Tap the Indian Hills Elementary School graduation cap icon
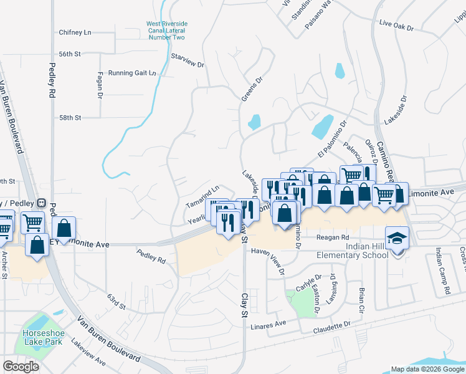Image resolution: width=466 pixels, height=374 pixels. click(x=395, y=238)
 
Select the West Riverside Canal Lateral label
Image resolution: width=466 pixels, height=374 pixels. click(x=166, y=31)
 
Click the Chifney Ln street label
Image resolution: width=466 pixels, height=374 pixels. click(x=75, y=32)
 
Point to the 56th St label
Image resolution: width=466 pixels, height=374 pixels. click(x=70, y=54)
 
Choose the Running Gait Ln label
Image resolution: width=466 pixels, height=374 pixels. click(x=132, y=73)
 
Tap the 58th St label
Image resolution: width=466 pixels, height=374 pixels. click(x=70, y=117)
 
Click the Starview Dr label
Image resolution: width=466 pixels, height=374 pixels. click(x=188, y=60)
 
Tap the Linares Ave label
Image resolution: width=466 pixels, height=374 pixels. click(x=268, y=324)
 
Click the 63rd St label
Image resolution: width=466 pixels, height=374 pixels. click(x=116, y=302)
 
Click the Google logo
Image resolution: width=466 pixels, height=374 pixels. click(x=21, y=367)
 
